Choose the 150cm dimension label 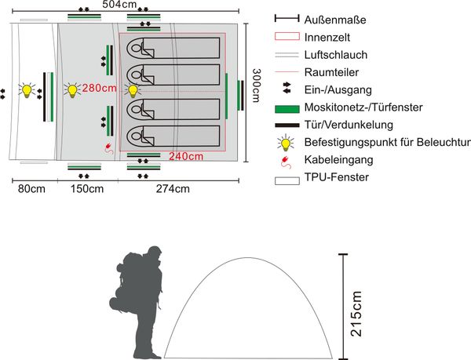point(86,188)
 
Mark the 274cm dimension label point(173,188)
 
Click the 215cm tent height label point(357,314)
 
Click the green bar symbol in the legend point(286,107)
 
